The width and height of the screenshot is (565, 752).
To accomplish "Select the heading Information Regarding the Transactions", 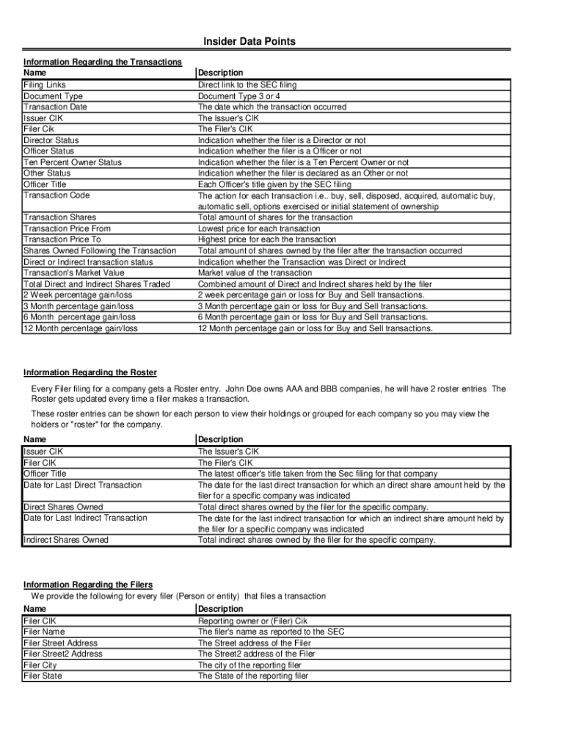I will click(x=103, y=62).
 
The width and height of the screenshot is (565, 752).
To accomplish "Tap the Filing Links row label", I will click(x=45, y=85).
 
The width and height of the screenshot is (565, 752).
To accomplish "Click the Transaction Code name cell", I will click(x=56, y=195).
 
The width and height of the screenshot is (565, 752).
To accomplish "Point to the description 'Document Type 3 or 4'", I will click(x=238, y=96).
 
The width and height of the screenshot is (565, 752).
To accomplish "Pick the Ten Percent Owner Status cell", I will click(x=73, y=162).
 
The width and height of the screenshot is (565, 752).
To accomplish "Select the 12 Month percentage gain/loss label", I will click(x=81, y=328).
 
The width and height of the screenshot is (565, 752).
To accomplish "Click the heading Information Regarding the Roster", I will click(x=90, y=373).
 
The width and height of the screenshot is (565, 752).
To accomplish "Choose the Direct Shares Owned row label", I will click(x=63, y=507).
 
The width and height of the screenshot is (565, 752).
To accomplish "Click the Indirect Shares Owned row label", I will click(x=66, y=540).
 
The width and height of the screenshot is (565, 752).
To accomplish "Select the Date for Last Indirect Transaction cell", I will click(x=85, y=518).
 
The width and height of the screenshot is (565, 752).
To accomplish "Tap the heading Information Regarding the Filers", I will click(x=88, y=585).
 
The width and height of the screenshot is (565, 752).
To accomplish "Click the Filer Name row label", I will click(x=44, y=632).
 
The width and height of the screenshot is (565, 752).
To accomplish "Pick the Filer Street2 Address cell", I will click(x=63, y=654).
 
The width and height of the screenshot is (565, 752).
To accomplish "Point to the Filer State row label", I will click(x=43, y=676).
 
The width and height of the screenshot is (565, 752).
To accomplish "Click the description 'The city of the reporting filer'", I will click(x=249, y=665).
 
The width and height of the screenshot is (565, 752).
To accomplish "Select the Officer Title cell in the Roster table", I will click(x=45, y=474).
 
